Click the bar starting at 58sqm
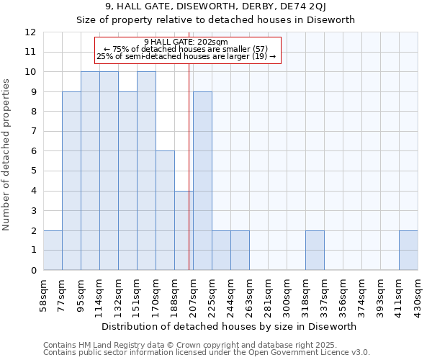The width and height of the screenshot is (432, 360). pyautogui.click(x=53, y=251)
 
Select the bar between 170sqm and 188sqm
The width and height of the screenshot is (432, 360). pyautogui.click(x=165, y=211)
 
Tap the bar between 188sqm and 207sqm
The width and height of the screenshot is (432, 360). pyautogui.click(x=184, y=230)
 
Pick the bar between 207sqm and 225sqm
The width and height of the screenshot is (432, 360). pyautogui.click(x=202, y=181)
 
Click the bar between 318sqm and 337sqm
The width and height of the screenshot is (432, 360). pyautogui.click(x=315, y=251)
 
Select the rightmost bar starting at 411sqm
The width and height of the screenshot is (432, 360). pyautogui.click(x=408, y=251)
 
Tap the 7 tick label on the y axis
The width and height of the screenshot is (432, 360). pyautogui.click(x=32, y=132)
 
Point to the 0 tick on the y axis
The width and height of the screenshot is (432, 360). pyautogui.click(x=32, y=271)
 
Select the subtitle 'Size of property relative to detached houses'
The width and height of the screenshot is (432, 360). pyautogui.click(x=216, y=19)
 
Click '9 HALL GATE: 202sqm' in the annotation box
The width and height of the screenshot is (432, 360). pyautogui.click(x=186, y=42)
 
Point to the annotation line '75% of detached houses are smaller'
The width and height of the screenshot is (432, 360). pyautogui.click(x=186, y=49)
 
